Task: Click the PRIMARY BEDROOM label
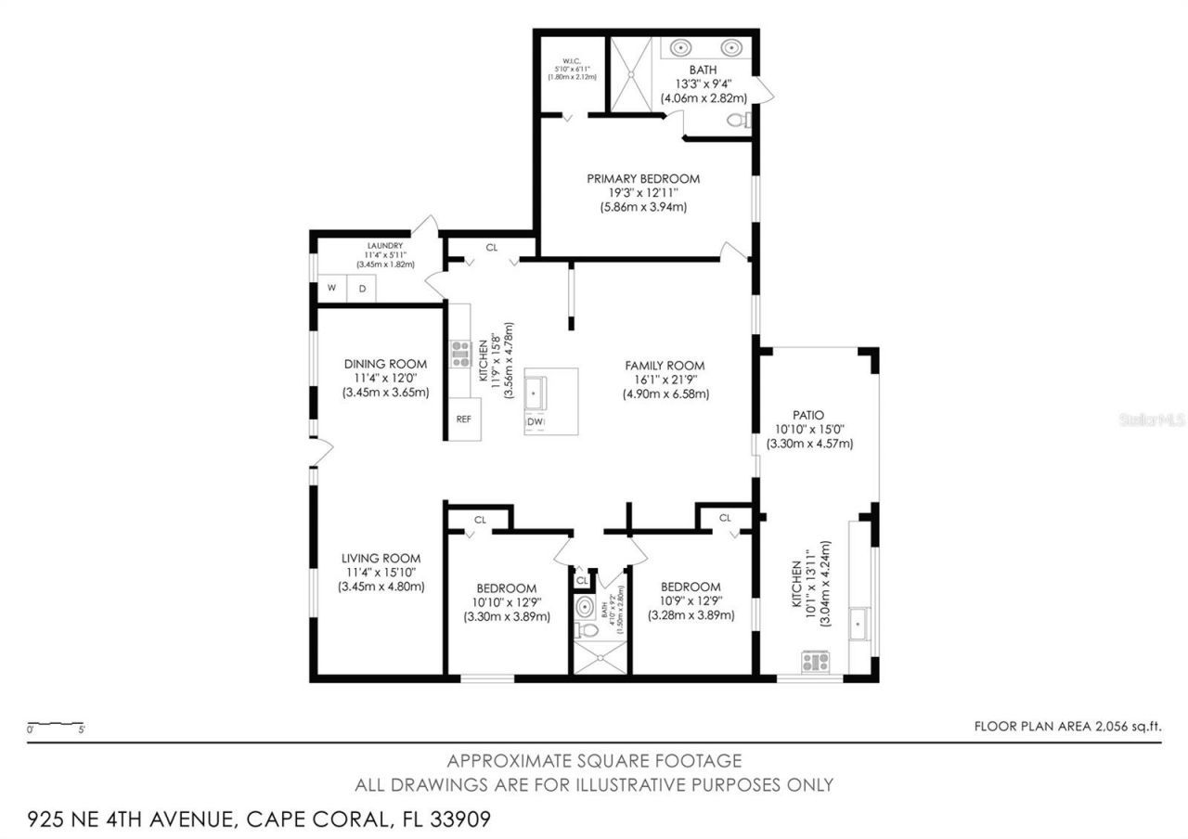tap(643, 178)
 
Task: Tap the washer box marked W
tap(330, 289)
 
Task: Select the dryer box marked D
tap(363, 289)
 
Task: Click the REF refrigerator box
tap(464, 419)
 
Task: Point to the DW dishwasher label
tap(536, 423)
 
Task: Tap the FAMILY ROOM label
tap(665, 366)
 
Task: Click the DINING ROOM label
tap(385, 364)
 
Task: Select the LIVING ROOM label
tap(381, 559)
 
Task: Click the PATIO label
tap(808, 415)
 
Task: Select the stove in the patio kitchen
tap(816, 662)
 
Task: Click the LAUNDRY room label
tap(383, 246)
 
